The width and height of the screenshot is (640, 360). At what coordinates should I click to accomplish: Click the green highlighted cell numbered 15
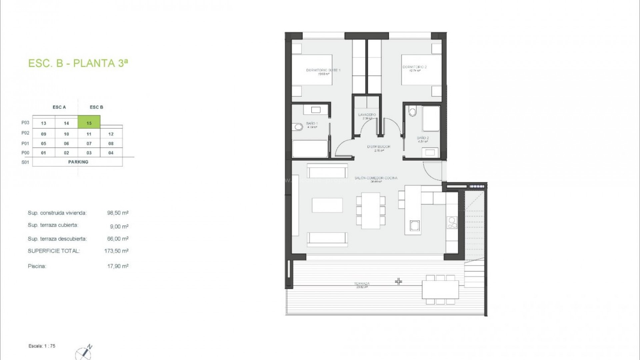coord(89,122)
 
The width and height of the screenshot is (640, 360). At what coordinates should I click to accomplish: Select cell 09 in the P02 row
coord(44,134)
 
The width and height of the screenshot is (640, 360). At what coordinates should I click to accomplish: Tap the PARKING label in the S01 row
coord(78,162)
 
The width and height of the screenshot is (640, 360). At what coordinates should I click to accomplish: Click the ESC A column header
coord(59,107)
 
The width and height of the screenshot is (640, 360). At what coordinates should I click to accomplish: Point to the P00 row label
coord(25,153)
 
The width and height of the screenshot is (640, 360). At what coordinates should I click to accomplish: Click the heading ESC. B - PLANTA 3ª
coord(78,63)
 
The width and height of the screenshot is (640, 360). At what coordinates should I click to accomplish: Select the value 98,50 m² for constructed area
coord(118,213)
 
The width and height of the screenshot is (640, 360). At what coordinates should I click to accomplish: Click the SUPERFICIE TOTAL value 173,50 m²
coord(116,251)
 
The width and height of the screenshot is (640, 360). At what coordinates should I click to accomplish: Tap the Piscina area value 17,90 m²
coord(118,266)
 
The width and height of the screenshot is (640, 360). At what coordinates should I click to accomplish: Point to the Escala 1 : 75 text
coord(42,346)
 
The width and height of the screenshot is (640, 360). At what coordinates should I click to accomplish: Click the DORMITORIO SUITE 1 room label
coord(323,70)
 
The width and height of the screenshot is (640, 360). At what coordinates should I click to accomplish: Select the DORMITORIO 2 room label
coord(414,67)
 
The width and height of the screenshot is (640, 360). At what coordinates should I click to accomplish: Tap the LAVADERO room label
coord(367,115)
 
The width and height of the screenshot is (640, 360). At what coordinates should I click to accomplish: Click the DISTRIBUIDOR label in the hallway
coord(379,147)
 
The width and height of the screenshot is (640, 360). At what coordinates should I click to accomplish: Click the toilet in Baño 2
coord(413,111)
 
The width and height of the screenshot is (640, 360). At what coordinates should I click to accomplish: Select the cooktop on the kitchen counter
coord(452,223)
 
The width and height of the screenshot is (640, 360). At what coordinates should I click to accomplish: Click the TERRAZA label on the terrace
coord(362,284)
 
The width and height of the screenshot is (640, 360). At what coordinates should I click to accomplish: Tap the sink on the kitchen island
coord(415,226)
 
